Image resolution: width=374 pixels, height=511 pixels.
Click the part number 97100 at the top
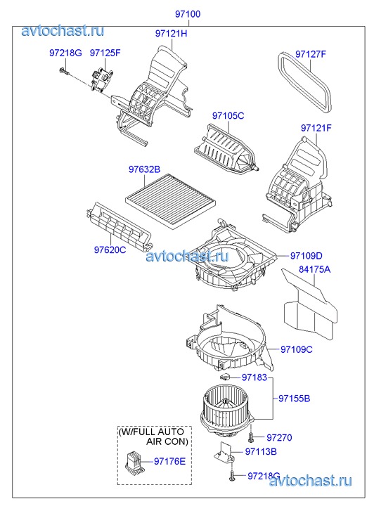pos(188,14)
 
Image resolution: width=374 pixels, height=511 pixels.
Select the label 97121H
pos(172,34)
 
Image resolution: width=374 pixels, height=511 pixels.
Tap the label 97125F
pos(105,53)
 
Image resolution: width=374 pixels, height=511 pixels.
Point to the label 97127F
pos(311,54)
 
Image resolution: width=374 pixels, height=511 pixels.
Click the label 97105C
pos(228,116)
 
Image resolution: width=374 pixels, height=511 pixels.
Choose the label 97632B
pos(144,169)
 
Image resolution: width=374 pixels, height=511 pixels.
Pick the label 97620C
pos(110,250)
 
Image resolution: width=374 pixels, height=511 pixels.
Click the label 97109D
pos(307,256)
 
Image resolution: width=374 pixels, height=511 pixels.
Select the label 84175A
pos(315,269)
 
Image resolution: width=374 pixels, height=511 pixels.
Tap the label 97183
pos(254,377)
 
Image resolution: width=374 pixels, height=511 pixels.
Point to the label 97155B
pos(294,399)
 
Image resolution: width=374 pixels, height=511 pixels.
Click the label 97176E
pos(169,461)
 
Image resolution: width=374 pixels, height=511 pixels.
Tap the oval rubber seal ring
pos(305,82)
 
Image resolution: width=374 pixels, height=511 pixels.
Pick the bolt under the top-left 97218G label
pos(64,72)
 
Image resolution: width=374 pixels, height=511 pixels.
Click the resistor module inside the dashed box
pos(134,460)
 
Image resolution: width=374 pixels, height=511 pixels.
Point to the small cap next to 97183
pos(225,377)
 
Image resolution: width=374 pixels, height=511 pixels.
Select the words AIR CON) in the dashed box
pos(167,442)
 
